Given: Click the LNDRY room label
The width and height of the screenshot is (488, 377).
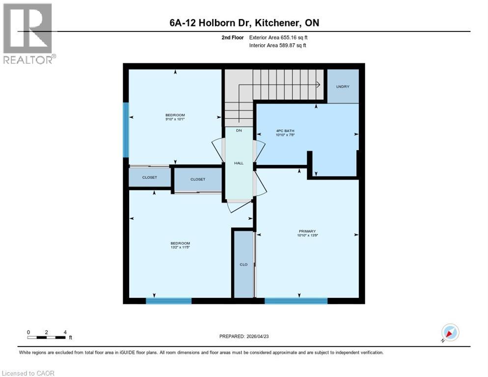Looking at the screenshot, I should coord(343,86).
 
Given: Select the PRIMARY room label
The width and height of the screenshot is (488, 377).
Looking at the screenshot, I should coord(307,231).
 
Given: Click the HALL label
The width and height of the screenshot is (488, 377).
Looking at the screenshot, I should coord(239,163).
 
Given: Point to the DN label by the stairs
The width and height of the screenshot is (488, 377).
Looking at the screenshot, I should coord(239,131).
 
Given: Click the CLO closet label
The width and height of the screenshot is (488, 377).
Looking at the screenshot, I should coord(244,265).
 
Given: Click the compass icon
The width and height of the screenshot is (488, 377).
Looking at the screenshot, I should coord(450,332).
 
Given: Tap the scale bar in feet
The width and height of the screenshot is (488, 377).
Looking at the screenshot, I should coord(47,337).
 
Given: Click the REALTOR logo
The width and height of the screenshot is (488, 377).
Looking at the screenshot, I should coord(28,33).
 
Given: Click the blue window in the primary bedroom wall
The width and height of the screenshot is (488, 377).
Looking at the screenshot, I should coord(296,300).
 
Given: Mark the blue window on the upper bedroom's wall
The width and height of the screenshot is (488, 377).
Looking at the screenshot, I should coord(126,130).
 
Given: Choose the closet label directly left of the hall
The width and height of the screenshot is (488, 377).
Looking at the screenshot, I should coord(198,179).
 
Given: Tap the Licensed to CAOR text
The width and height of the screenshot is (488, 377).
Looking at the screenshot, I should coord(28,373).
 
